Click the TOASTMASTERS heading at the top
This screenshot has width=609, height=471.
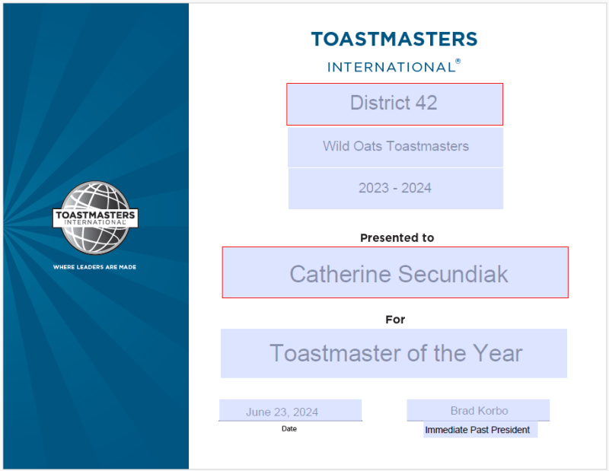394,40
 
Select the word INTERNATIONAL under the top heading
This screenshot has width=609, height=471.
391,67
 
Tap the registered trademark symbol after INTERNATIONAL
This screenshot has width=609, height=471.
458,61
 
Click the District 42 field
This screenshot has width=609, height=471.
394,104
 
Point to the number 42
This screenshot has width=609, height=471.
426,103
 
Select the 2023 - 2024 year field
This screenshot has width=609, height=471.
395,189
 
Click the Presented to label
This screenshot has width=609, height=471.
397,237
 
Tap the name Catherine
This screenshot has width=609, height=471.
340,274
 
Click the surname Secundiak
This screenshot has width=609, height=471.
453,274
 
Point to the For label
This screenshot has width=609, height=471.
395,320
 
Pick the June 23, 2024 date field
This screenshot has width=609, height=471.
290,410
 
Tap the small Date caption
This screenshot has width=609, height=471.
289,428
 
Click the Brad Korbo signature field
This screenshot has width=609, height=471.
478,410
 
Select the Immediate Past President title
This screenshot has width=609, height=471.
477,430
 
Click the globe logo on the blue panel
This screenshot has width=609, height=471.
96,218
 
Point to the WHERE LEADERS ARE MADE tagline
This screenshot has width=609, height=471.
94,267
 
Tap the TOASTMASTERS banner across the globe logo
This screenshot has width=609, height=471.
96,218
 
